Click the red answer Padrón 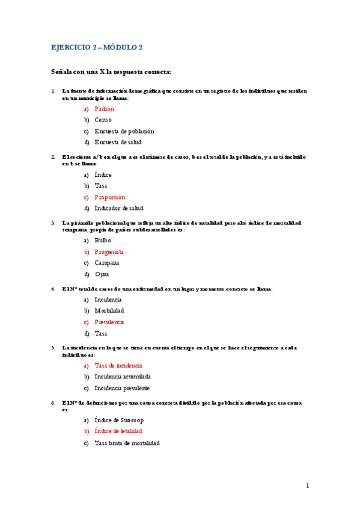pyautogui.click(x=104, y=109)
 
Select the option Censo pyautogui.click(x=103, y=120)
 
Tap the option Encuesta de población pyautogui.click(x=124, y=131)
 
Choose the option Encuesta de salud pyautogui.click(x=118, y=143)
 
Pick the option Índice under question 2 pyautogui.click(x=103, y=175)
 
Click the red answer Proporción pyautogui.click(x=109, y=197)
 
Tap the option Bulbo pyautogui.click(x=103, y=241)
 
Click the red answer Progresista pyautogui.click(x=109, y=252)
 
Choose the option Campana pyautogui.click(x=106, y=263)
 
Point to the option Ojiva pyautogui.click(x=102, y=274)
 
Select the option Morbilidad pyautogui.click(x=109, y=311)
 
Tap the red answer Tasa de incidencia pyautogui.click(x=118, y=366)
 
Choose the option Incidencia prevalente pyautogui.click(x=122, y=388)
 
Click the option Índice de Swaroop pyautogui.click(x=119, y=420)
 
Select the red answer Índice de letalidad pyautogui.click(x=118, y=431)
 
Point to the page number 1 pyautogui.click(x=307, y=485)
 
